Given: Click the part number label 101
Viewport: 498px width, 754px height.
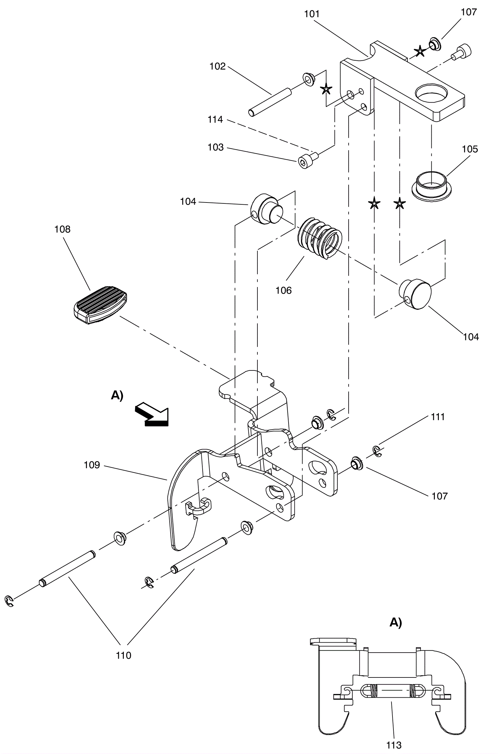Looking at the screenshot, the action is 312,14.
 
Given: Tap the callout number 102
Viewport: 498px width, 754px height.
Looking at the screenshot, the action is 218,66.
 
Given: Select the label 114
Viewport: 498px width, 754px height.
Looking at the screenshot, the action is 215,120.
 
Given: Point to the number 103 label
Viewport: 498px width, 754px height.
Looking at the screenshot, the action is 216,147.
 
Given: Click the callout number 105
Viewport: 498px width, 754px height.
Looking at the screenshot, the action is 470,149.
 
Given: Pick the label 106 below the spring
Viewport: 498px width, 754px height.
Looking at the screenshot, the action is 284,290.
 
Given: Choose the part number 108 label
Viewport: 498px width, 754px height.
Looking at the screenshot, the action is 62,229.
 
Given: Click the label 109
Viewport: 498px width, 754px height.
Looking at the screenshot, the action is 92,465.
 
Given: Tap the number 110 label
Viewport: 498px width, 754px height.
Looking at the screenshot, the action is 123,655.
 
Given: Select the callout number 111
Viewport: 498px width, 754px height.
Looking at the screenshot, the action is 438,417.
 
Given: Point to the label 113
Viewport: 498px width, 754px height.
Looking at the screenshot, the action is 394,745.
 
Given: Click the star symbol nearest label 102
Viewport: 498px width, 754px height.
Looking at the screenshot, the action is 326,89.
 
